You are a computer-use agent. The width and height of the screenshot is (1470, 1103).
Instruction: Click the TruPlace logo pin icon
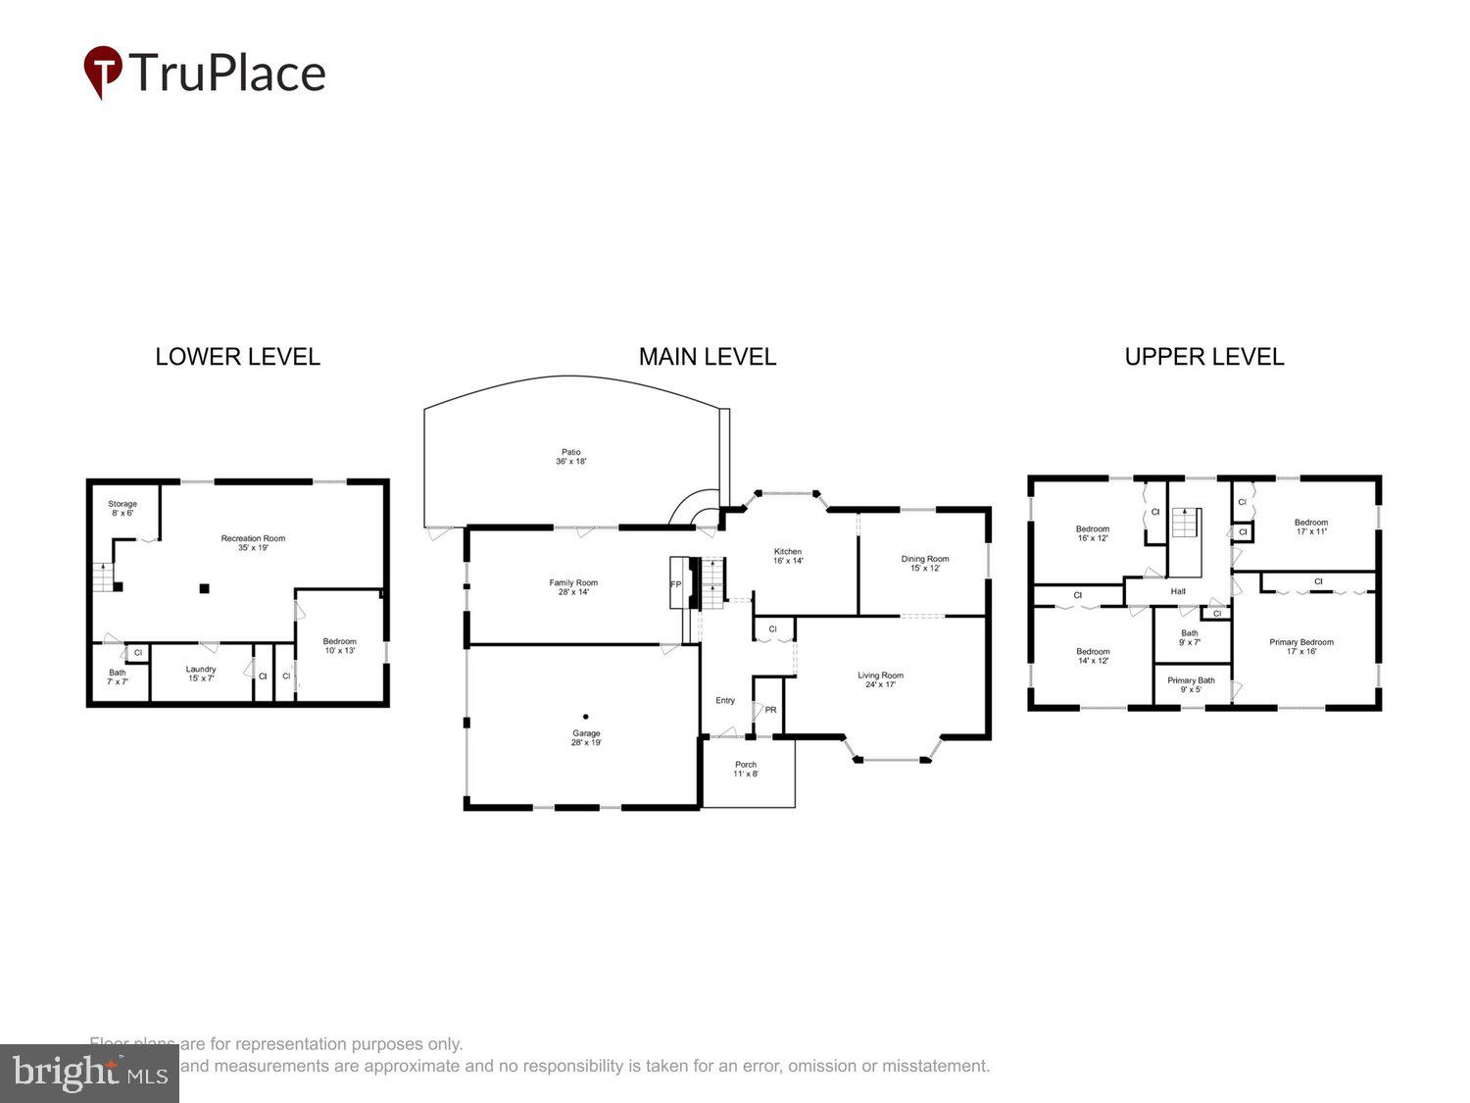[x=102, y=72]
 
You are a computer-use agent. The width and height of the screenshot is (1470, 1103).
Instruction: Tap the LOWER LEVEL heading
[x=237, y=357]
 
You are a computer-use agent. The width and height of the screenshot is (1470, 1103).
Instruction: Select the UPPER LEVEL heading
[x=1203, y=357]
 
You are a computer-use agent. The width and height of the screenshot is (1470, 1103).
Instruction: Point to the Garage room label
[x=586, y=738]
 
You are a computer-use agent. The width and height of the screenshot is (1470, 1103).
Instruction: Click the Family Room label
[x=573, y=587]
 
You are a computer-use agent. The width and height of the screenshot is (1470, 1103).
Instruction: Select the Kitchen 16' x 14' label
[x=788, y=556]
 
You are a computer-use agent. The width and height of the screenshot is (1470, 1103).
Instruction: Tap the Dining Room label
[x=925, y=564]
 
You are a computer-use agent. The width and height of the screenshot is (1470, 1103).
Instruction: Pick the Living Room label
[x=880, y=679]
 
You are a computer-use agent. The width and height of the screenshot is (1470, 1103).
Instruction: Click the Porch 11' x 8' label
[x=746, y=769]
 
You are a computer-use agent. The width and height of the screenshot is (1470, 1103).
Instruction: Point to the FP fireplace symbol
[x=675, y=584]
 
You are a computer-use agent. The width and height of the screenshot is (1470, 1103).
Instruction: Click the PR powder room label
[x=770, y=710]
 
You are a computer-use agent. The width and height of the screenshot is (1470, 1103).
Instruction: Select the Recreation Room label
[x=253, y=543]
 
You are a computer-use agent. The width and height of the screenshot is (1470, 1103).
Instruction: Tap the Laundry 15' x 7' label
[x=201, y=674]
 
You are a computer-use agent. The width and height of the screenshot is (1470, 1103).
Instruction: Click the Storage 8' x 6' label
[x=122, y=508]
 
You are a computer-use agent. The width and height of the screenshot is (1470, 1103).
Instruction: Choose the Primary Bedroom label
[x=1301, y=647]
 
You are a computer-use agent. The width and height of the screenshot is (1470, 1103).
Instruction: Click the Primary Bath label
[x=1191, y=684]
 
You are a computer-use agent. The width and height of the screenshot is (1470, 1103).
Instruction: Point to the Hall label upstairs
[x=1178, y=591]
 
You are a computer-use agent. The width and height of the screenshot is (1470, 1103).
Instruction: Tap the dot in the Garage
[x=586, y=716]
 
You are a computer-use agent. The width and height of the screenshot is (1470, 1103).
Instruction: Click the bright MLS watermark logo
[x=89, y=1074]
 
